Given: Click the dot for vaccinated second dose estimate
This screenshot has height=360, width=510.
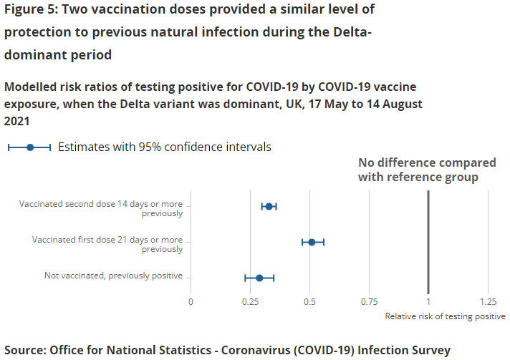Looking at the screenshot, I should [x=269, y=206].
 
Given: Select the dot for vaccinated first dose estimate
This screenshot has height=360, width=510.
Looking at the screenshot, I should [x=312, y=242].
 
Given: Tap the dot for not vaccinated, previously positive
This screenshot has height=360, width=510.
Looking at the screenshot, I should [x=259, y=278].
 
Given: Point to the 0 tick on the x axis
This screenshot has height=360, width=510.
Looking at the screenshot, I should [x=191, y=301].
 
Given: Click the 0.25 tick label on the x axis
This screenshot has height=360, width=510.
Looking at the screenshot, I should [x=250, y=301].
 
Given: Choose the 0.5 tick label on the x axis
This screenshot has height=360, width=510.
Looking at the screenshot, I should [x=309, y=301].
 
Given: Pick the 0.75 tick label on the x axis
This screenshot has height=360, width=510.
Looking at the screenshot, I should [x=369, y=301].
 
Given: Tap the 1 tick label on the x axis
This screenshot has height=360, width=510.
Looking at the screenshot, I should [x=428, y=301].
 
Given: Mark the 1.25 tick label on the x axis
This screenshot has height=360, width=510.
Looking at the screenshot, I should [x=488, y=301].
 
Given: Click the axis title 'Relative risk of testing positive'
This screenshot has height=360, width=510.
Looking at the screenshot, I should [x=445, y=316].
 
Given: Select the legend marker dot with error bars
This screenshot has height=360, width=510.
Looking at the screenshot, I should [x=29, y=147].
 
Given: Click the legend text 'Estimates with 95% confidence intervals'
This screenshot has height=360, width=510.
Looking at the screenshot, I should [x=164, y=147].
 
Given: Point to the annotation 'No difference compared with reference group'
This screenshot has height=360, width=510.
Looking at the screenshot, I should [x=418, y=170].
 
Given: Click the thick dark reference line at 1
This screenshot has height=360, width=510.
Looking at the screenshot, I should [x=428, y=236].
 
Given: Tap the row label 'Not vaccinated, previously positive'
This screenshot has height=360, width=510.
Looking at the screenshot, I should [x=113, y=276].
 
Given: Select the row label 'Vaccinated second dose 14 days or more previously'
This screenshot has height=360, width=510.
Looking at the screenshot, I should [x=101, y=208].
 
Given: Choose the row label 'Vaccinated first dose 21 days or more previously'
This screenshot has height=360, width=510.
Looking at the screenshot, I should [x=107, y=244].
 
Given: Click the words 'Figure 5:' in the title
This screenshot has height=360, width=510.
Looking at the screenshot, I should [x=32, y=10].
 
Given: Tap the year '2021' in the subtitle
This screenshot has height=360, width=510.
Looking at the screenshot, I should [x=16, y=122].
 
